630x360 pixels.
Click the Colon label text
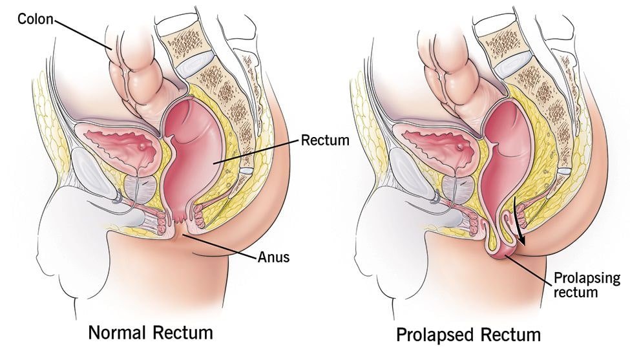pyautogui.click(x=35, y=19)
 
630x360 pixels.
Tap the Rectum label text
pyautogui.click(x=325, y=140)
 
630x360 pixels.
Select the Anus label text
pyautogui.click(x=273, y=257)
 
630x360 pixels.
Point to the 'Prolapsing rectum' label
pyautogui.click(x=587, y=285)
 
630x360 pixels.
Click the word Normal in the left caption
pyautogui.click(x=117, y=333)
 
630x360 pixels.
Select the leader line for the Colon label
pyautogui.click(x=83, y=34)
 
